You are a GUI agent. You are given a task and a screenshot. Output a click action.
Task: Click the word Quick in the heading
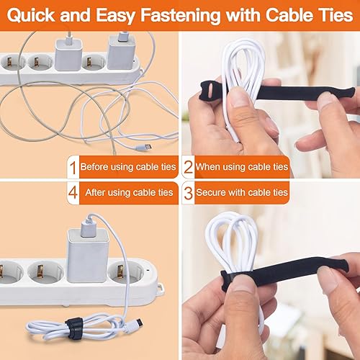tap(32, 16)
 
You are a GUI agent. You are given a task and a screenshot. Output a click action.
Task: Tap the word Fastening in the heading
tap(181, 15)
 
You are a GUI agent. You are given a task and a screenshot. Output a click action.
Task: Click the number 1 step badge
tap(73, 167)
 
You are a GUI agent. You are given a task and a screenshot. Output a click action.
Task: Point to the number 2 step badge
tap(189, 167)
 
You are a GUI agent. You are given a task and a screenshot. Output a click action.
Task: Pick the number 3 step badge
tap(189, 193)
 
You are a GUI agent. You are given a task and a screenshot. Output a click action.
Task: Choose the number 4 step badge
tap(73, 193)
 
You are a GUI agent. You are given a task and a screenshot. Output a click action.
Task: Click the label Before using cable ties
tap(128, 167)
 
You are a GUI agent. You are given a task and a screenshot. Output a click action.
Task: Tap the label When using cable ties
tap(242, 167)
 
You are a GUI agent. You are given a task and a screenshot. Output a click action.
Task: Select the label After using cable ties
tap(129, 192)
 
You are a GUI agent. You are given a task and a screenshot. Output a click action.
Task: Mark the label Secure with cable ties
tap(242, 192)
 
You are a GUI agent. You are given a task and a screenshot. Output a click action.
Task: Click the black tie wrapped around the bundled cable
tap(74, 328)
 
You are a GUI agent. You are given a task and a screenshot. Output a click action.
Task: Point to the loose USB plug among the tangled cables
tap(144, 147)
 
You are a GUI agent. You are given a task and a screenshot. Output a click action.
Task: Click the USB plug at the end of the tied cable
tap(136, 323)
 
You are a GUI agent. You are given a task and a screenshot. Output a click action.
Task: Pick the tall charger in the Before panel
tap(122, 53)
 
